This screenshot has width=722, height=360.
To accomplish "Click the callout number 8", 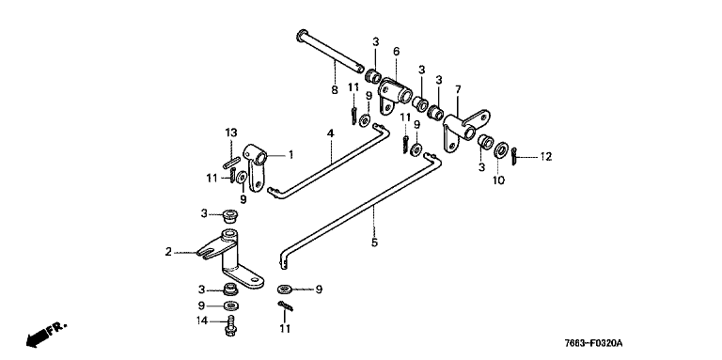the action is (x=335, y=90).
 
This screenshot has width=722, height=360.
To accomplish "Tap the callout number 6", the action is (x=396, y=52).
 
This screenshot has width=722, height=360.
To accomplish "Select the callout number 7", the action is (x=458, y=89).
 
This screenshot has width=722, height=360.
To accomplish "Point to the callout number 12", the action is (x=545, y=157).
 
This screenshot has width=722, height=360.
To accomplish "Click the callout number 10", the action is (x=498, y=180).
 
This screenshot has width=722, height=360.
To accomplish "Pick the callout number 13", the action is (x=231, y=133).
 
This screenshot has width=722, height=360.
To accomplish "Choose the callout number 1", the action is (x=290, y=155).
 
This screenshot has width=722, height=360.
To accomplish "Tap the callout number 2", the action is (x=168, y=252).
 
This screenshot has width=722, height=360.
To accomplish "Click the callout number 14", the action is (x=203, y=321).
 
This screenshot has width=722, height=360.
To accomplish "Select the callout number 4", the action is (x=330, y=133).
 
